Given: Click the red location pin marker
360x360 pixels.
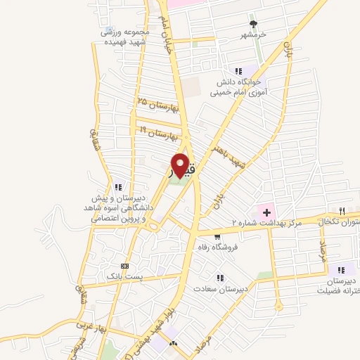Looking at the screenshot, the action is [181, 166].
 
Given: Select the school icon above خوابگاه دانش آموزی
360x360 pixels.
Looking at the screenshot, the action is [238, 70].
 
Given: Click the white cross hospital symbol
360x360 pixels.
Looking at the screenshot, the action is [266, 211].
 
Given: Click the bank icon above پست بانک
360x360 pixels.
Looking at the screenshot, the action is [125, 266].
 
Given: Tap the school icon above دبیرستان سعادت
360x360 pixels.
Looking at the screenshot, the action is [221, 278].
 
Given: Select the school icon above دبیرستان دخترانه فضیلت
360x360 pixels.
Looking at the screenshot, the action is [341, 269].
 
